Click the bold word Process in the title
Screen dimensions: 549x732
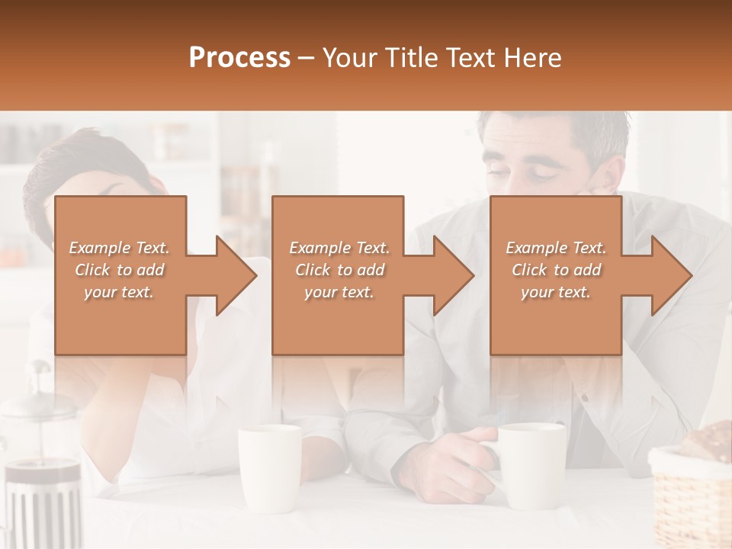[239, 58]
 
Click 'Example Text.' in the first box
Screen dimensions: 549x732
[119, 248]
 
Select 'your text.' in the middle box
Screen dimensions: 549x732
[339, 292]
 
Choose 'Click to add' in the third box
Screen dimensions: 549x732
[556, 270]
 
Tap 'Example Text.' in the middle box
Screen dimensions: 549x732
[339, 248]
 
